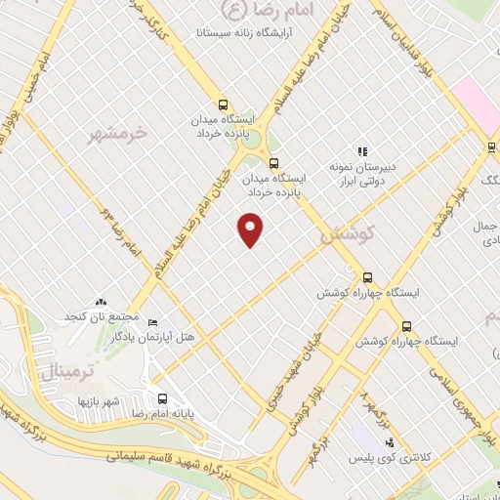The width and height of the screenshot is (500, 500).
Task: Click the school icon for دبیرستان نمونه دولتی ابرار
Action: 361,151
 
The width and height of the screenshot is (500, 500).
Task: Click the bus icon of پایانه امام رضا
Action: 162,397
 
